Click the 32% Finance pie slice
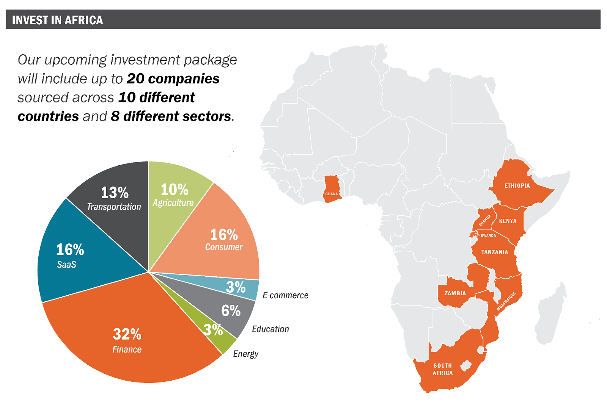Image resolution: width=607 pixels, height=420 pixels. (127, 341)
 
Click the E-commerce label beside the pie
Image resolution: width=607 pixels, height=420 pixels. (285, 295)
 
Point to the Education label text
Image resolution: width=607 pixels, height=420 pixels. (270, 329)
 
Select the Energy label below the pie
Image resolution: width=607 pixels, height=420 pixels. (245, 354)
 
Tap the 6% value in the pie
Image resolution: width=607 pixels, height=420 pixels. (231, 311)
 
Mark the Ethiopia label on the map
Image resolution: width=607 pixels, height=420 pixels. (517, 186)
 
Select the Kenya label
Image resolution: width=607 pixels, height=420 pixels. (508, 221)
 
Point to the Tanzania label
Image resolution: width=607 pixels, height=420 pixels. (494, 252)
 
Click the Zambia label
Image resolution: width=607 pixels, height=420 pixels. (455, 293)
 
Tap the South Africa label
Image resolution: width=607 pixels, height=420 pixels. (443, 369)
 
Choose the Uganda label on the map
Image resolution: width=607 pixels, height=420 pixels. (484, 220)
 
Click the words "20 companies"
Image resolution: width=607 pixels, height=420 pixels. (173, 79)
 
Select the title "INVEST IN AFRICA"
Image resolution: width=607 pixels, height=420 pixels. (58, 20)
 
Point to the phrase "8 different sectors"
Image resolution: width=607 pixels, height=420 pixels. (171, 116)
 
